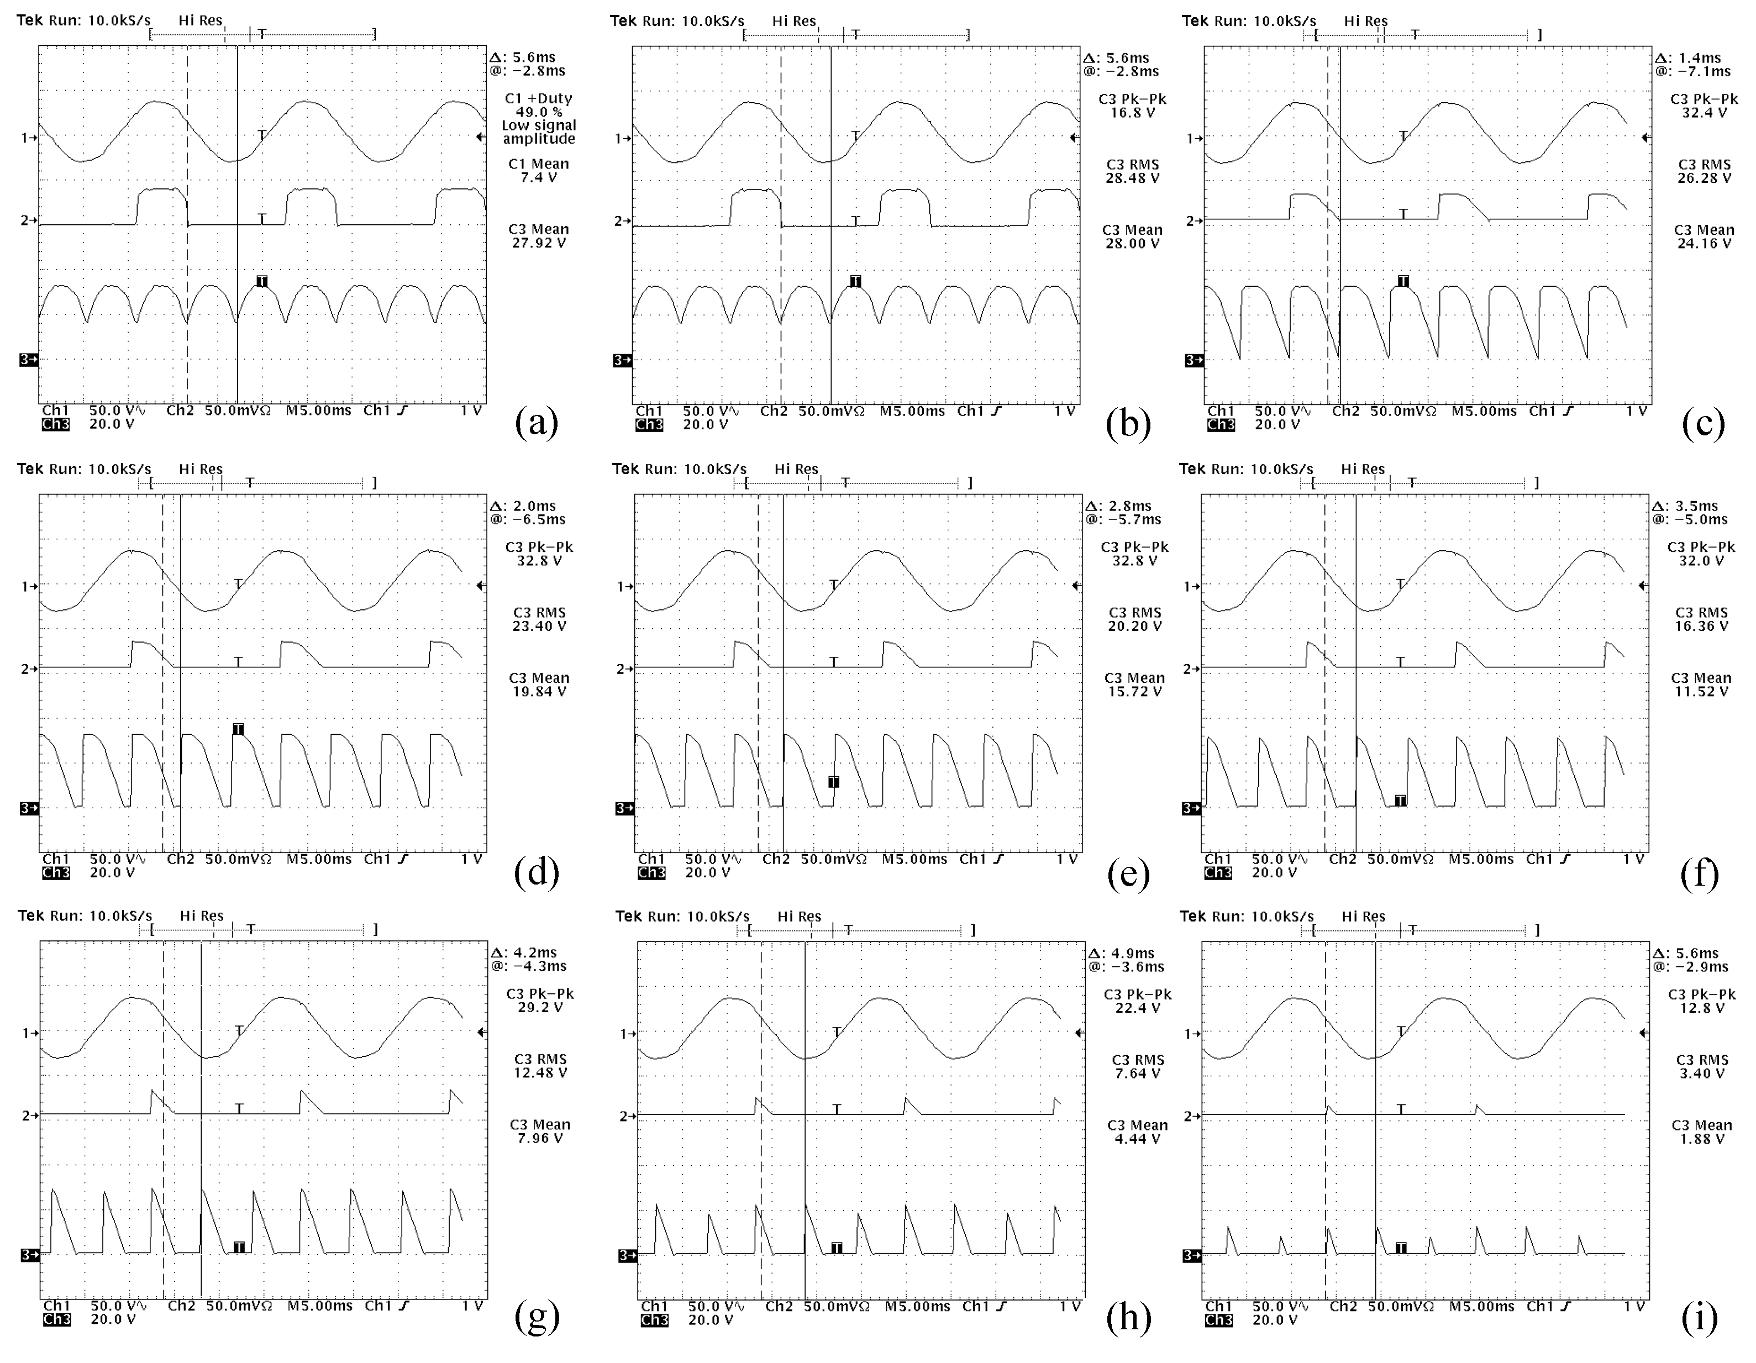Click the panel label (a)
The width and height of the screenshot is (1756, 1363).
click(x=537, y=422)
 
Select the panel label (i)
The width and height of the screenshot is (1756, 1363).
click(x=1699, y=1318)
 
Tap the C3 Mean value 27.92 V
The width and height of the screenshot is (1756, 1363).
click(x=539, y=243)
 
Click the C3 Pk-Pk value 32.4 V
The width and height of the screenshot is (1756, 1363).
click(x=1703, y=113)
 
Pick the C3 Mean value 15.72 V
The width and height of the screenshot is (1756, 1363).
click(x=1134, y=692)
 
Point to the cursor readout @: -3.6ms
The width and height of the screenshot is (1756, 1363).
click(x=1126, y=966)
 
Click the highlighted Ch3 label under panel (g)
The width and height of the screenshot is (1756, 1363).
click(x=56, y=1319)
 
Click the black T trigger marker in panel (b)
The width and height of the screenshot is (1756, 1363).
click(x=855, y=281)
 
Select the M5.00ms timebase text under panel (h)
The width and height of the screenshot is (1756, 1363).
click(x=917, y=1307)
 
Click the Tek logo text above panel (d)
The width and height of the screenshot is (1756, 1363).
click(x=30, y=469)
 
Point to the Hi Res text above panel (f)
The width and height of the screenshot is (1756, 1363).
click(x=1362, y=469)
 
